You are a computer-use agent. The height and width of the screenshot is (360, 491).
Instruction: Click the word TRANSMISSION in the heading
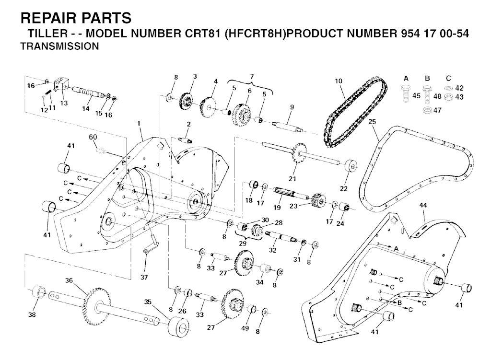pyautogui.click(x=59, y=46)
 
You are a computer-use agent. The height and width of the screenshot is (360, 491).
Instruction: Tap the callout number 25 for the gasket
pyautogui.click(x=372, y=121)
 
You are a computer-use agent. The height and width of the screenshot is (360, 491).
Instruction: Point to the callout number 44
pyautogui.click(x=423, y=205)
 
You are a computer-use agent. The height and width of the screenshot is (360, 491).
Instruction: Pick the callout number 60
pyautogui.click(x=93, y=137)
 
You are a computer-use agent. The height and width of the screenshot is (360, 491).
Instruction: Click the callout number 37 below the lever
pyautogui.click(x=144, y=277)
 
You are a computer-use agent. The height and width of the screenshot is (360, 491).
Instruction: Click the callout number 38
pyautogui.click(x=32, y=314)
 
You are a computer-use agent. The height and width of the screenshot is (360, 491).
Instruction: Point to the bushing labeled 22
pyautogui.click(x=352, y=166)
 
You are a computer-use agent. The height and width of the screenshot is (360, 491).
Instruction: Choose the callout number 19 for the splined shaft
pyautogui.click(x=277, y=207)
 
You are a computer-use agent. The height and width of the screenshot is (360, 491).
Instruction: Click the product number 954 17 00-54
pyautogui.click(x=435, y=34)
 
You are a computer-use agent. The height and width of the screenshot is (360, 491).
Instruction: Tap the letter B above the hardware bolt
pyautogui.click(x=427, y=78)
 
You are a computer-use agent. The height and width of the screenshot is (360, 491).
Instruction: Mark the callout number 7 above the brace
pyautogui.click(x=252, y=76)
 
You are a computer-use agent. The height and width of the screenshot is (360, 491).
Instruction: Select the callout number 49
pyautogui.click(x=245, y=328)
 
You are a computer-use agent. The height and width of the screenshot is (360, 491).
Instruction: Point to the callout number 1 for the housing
pyautogui.click(x=139, y=124)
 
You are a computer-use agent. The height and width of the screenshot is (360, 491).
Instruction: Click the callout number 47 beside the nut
pyautogui.click(x=437, y=110)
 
